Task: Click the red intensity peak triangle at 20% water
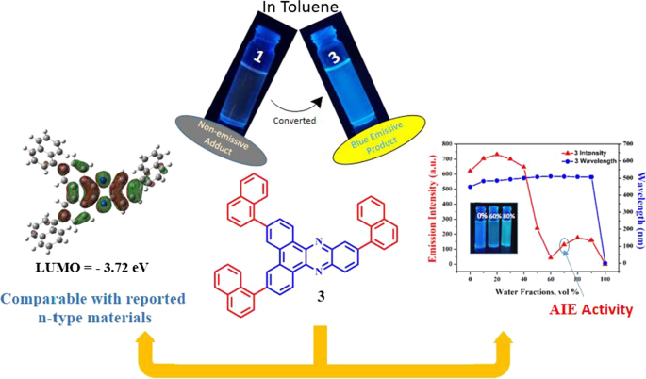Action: tap(496, 154)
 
